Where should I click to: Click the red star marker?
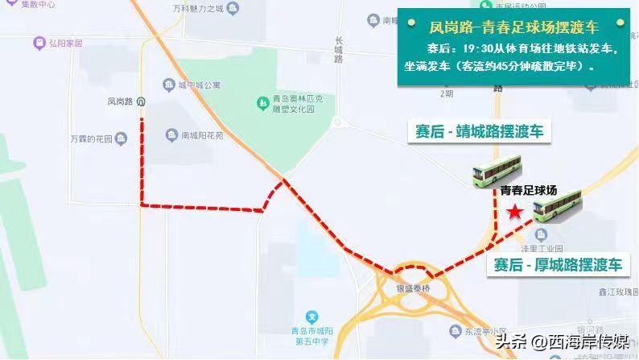(514, 212)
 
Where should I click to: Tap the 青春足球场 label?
(528, 191)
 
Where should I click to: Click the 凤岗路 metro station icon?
(142, 101)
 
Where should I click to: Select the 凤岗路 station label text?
(118, 101)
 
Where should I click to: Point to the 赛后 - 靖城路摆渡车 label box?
(478, 131)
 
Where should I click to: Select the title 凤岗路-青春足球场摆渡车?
(513, 27)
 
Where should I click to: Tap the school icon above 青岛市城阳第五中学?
(313, 317)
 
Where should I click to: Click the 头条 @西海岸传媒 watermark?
(563, 341)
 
